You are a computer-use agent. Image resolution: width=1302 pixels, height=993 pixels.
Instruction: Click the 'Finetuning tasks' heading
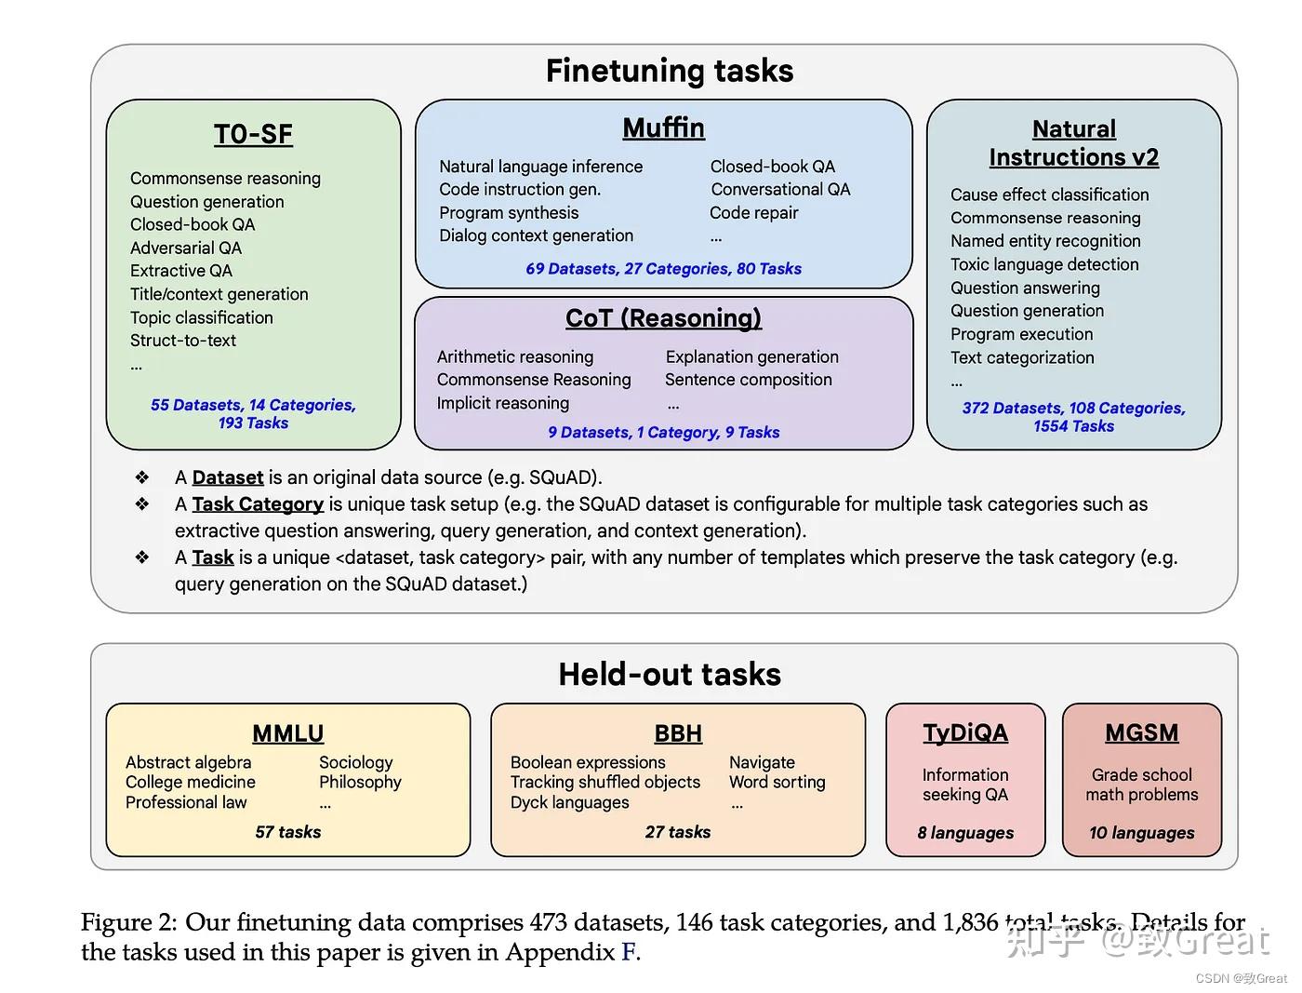click(669, 71)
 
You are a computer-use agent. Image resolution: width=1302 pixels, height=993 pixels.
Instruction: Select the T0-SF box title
click(253, 134)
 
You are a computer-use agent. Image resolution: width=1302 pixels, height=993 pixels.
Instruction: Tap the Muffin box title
click(663, 127)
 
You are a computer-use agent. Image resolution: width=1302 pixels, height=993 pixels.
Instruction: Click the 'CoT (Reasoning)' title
click(663, 318)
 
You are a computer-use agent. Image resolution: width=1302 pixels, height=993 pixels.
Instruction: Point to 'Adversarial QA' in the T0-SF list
click(186, 248)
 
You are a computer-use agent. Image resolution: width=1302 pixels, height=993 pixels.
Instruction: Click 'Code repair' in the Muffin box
click(753, 213)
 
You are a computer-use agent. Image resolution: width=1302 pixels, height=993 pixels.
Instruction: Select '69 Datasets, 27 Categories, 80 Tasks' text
click(663, 269)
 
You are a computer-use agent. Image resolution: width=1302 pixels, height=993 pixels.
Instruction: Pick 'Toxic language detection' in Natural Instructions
click(1044, 264)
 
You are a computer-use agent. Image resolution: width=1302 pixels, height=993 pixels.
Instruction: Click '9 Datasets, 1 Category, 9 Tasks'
click(663, 433)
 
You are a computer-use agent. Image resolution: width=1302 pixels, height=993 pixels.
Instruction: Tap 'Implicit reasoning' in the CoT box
click(502, 403)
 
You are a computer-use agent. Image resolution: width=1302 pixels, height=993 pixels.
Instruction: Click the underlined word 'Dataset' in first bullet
click(228, 477)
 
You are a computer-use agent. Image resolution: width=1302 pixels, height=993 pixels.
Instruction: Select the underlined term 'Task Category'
click(258, 504)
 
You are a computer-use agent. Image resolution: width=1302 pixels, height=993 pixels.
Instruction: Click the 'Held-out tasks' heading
click(669, 675)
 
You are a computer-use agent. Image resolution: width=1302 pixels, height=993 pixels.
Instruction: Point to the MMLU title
click(287, 733)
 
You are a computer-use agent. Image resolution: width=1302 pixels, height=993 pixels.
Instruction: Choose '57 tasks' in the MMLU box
click(287, 832)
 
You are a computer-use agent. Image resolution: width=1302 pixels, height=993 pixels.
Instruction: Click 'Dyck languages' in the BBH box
click(569, 802)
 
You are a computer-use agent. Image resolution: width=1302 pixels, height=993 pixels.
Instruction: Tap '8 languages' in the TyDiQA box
click(965, 833)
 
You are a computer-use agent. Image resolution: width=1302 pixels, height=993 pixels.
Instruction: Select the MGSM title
click(1141, 733)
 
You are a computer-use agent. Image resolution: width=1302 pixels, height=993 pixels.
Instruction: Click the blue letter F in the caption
click(629, 952)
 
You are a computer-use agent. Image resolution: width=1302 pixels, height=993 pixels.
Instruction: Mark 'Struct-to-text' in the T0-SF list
click(183, 341)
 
